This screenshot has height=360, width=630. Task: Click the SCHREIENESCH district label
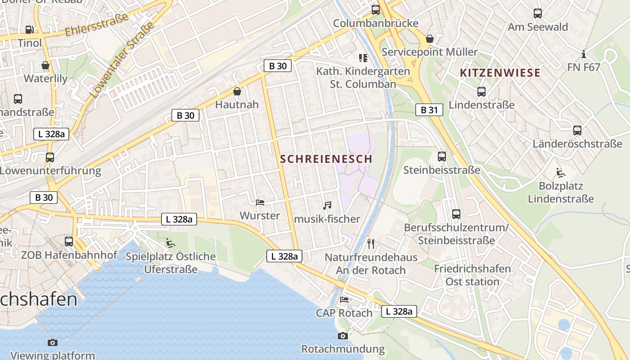(326, 159)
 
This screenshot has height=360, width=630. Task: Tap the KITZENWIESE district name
(500, 73)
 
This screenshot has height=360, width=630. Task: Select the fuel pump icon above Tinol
(30, 30)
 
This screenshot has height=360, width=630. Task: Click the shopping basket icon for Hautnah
(237, 92)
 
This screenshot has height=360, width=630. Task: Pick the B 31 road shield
(429, 110)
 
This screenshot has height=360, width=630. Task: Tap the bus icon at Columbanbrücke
(375, 10)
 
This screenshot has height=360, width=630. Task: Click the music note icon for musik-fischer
(327, 206)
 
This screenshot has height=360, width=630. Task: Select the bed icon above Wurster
(260, 202)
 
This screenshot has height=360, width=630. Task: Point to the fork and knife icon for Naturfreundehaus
(371, 244)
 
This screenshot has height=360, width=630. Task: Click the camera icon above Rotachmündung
(343, 336)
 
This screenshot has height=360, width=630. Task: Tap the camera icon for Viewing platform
(53, 342)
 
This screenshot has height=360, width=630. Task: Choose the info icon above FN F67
(584, 54)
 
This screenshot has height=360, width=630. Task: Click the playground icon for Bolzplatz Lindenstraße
(561, 173)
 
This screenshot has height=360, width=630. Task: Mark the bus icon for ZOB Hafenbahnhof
(69, 242)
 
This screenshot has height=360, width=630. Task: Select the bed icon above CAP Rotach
(344, 300)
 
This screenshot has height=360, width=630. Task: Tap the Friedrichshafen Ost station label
(472, 275)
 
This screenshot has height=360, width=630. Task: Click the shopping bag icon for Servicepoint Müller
(430, 39)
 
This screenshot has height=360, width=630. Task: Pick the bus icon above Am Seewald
(538, 13)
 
